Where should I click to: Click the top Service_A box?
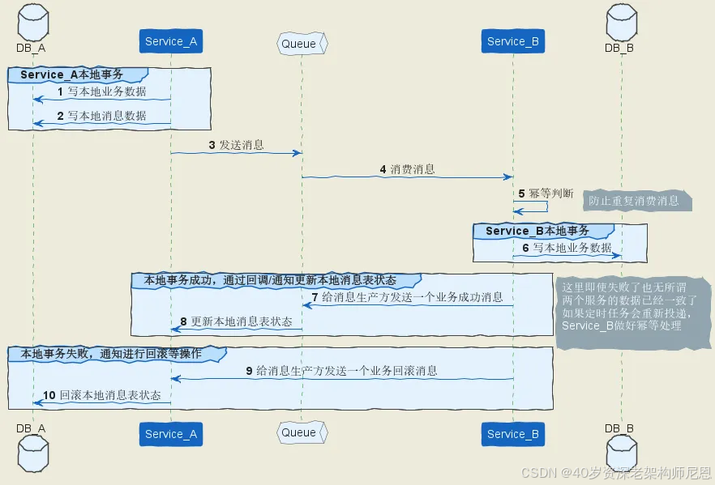pyautogui.click(x=170, y=41)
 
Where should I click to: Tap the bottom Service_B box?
pyautogui.click(x=512, y=434)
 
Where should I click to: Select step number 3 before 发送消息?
pyautogui.click(x=212, y=146)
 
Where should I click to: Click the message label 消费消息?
pyautogui.click(x=413, y=170)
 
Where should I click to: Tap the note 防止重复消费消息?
pyautogui.click(x=636, y=200)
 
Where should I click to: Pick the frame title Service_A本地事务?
pyautogui.click(x=71, y=74)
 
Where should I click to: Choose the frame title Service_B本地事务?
pyautogui.click(x=537, y=231)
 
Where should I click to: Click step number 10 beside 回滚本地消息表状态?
pyautogui.click(x=49, y=395)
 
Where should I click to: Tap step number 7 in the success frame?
pyautogui.click(x=316, y=297)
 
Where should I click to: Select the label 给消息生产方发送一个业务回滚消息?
pyautogui.click(x=347, y=371)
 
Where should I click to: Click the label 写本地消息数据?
pyautogui.click(x=106, y=116)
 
